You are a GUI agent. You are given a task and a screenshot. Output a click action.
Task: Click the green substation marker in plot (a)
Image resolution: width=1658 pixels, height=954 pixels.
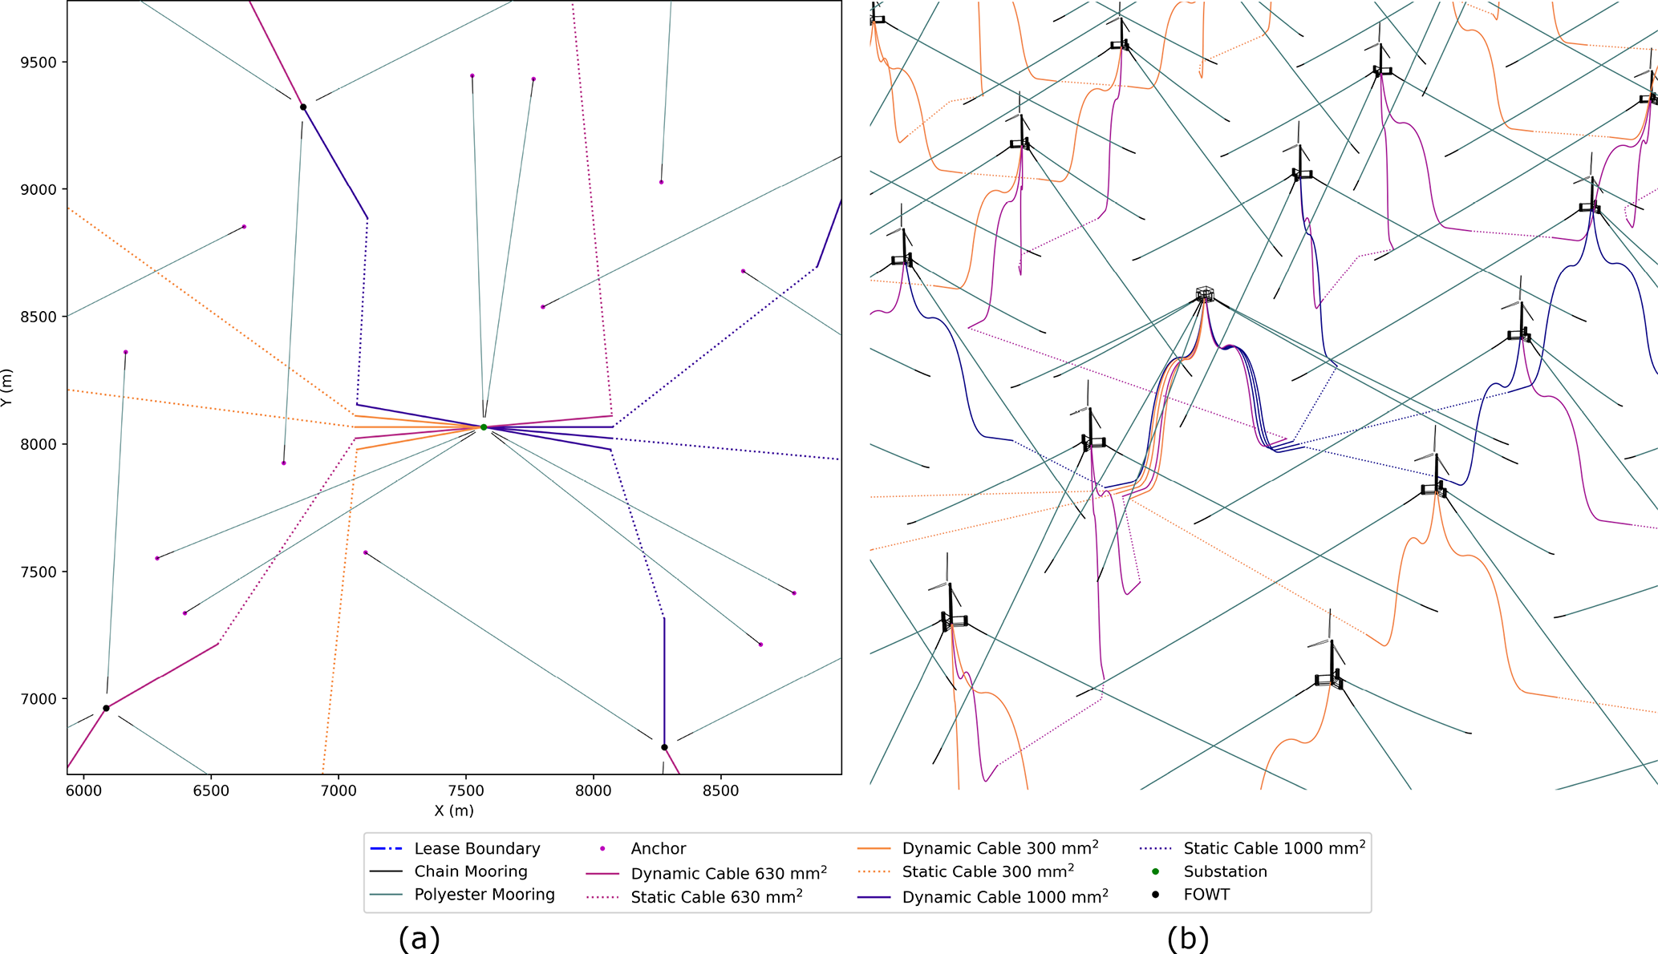pyautogui.click(x=484, y=427)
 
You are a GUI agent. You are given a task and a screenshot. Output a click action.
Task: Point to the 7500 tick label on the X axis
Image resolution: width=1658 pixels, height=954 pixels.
pyautogui.click(x=465, y=791)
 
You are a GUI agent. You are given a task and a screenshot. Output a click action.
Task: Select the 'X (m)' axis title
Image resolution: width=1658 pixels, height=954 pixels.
pyautogui.click(x=454, y=810)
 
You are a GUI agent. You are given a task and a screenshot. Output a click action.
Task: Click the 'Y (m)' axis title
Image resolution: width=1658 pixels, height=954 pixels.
pyautogui.click(x=7, y=387)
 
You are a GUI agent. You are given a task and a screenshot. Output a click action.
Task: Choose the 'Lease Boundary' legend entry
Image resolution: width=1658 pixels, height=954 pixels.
pyautogui.click(x=476, y=848)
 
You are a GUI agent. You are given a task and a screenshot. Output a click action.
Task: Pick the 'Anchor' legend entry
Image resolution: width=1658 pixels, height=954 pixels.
pyautogui.click(x=658, y=848)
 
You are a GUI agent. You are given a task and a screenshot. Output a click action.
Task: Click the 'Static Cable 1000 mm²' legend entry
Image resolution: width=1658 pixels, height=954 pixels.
pyautogui.click(x=1274, y=848)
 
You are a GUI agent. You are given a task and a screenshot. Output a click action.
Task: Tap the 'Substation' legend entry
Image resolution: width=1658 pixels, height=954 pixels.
pyautogui.click(x=1225, y=871)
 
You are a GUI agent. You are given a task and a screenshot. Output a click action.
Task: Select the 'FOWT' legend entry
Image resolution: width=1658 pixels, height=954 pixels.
pyautogui.click(x=1206, y=895)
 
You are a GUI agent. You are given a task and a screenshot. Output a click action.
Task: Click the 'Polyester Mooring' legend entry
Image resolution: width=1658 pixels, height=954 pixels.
pyautogui.click(x=484, y=895)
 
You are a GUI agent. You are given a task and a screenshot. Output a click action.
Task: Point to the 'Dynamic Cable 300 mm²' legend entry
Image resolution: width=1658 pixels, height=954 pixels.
pyautogui.click(x=999, y=848)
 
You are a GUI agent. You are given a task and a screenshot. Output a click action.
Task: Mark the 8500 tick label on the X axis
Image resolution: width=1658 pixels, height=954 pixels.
pyautogui.click(x=720, y=791)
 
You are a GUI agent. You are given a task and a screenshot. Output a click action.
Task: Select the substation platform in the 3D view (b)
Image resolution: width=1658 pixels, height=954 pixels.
pyautogui.click(x=1204, y=294)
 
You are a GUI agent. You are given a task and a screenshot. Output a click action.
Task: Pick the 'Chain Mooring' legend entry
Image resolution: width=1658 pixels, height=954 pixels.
pyautogui.click(x=470, y=871)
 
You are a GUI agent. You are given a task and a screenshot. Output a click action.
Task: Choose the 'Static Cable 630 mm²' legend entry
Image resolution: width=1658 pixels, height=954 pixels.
pyautogui.click(x=716, y=897)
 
